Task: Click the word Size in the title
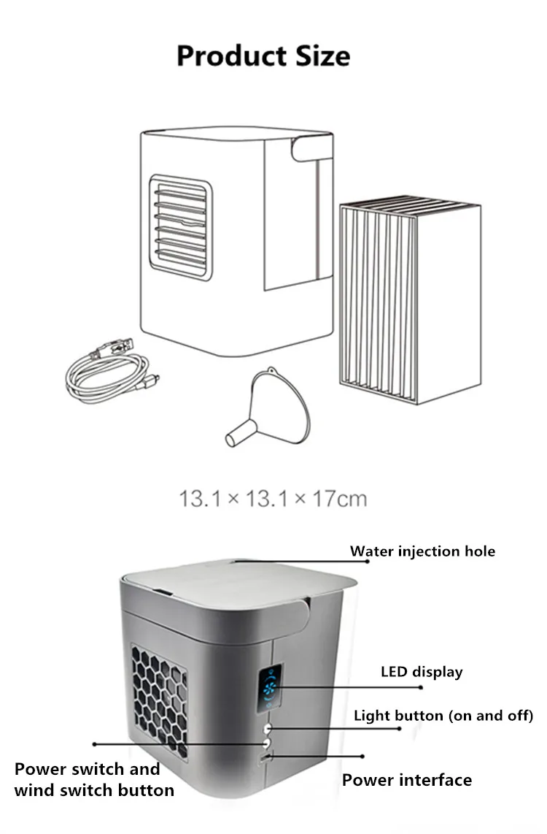point(319,56)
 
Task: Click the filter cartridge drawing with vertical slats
point(408,299)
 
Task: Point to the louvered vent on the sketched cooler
point(180,227)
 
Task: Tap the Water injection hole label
point(422,551)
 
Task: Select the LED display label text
point(422,671)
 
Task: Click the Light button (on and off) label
point(443,715)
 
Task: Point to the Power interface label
point(407,780)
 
